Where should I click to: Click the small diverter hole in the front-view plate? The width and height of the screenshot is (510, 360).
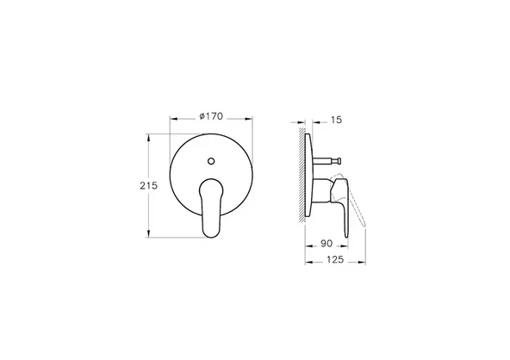tap(212, 160)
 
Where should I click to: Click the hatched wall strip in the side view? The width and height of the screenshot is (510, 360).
tap(302, 177)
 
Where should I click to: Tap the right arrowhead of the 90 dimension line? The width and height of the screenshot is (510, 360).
tap(349, 251)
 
